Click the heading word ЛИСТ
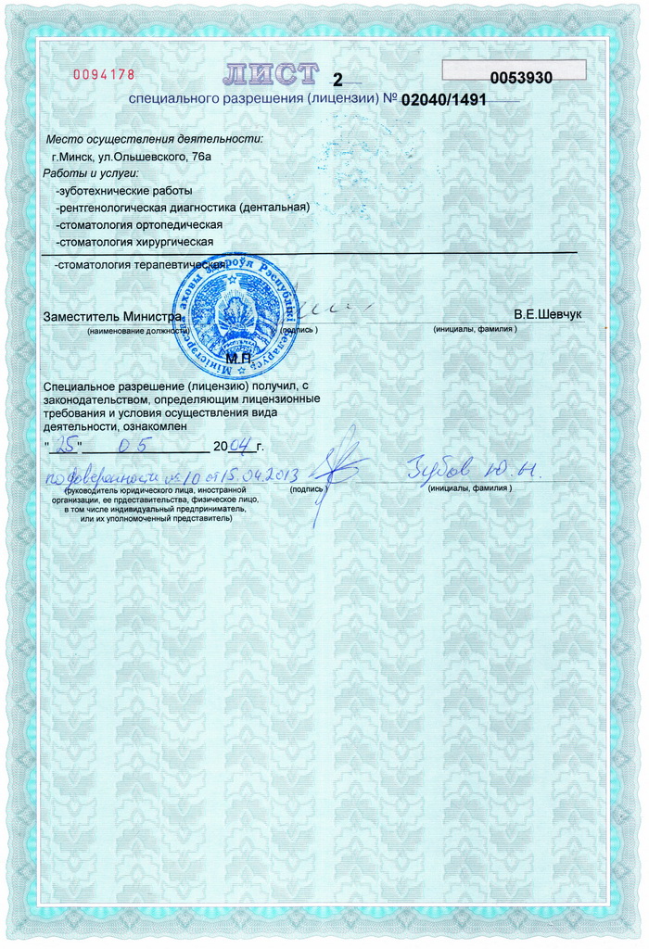[x=272, y=74]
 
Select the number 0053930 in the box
[x=520, y=79]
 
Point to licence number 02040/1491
[x=442, y=98]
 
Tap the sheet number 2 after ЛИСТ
[x=337, y=80]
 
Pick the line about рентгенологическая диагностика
[x=182, y=208]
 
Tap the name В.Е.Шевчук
[x=548, y=315]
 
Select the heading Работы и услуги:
[x=90, y=173]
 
